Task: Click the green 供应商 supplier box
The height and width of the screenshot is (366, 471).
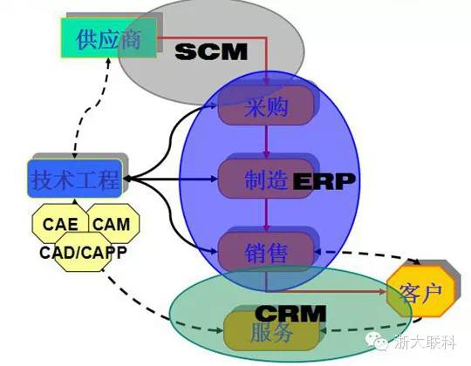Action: click(x=109, y=37)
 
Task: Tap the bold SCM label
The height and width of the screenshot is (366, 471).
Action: click(x=211, y=51)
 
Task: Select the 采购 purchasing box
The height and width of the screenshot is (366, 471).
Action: click(x=266, y=105)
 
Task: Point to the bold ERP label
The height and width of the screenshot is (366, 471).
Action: click(x=324, y=181)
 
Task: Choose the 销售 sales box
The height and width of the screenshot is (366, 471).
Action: click(x=266, y=251)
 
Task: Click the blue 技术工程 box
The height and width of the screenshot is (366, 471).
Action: click(x=75, y=179)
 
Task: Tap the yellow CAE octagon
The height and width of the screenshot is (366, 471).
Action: click(x=60, y=223)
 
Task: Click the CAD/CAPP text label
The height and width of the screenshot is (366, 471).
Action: click(x=83, y=253)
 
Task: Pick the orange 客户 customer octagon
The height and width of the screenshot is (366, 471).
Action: click(x=420, y=291)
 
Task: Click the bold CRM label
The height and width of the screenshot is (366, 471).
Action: click(x=290, y=313)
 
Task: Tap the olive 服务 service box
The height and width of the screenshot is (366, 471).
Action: click(x=271, y=331)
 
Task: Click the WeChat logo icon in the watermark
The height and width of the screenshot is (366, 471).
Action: click(x=377, y=341)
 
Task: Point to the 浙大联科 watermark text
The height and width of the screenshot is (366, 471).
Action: click(x=424, y=342)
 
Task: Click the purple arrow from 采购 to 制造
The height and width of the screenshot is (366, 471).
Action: click(x=266, y=141)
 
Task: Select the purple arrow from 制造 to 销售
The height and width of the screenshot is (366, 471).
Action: click(x=266, y=214)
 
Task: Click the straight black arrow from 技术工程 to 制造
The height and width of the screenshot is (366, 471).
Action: click(x=170, y=179)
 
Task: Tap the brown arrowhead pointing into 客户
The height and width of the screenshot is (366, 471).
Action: click(x=382, y=291)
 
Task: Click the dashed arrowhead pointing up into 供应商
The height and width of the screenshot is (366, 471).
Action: click(x=108, y=62)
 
